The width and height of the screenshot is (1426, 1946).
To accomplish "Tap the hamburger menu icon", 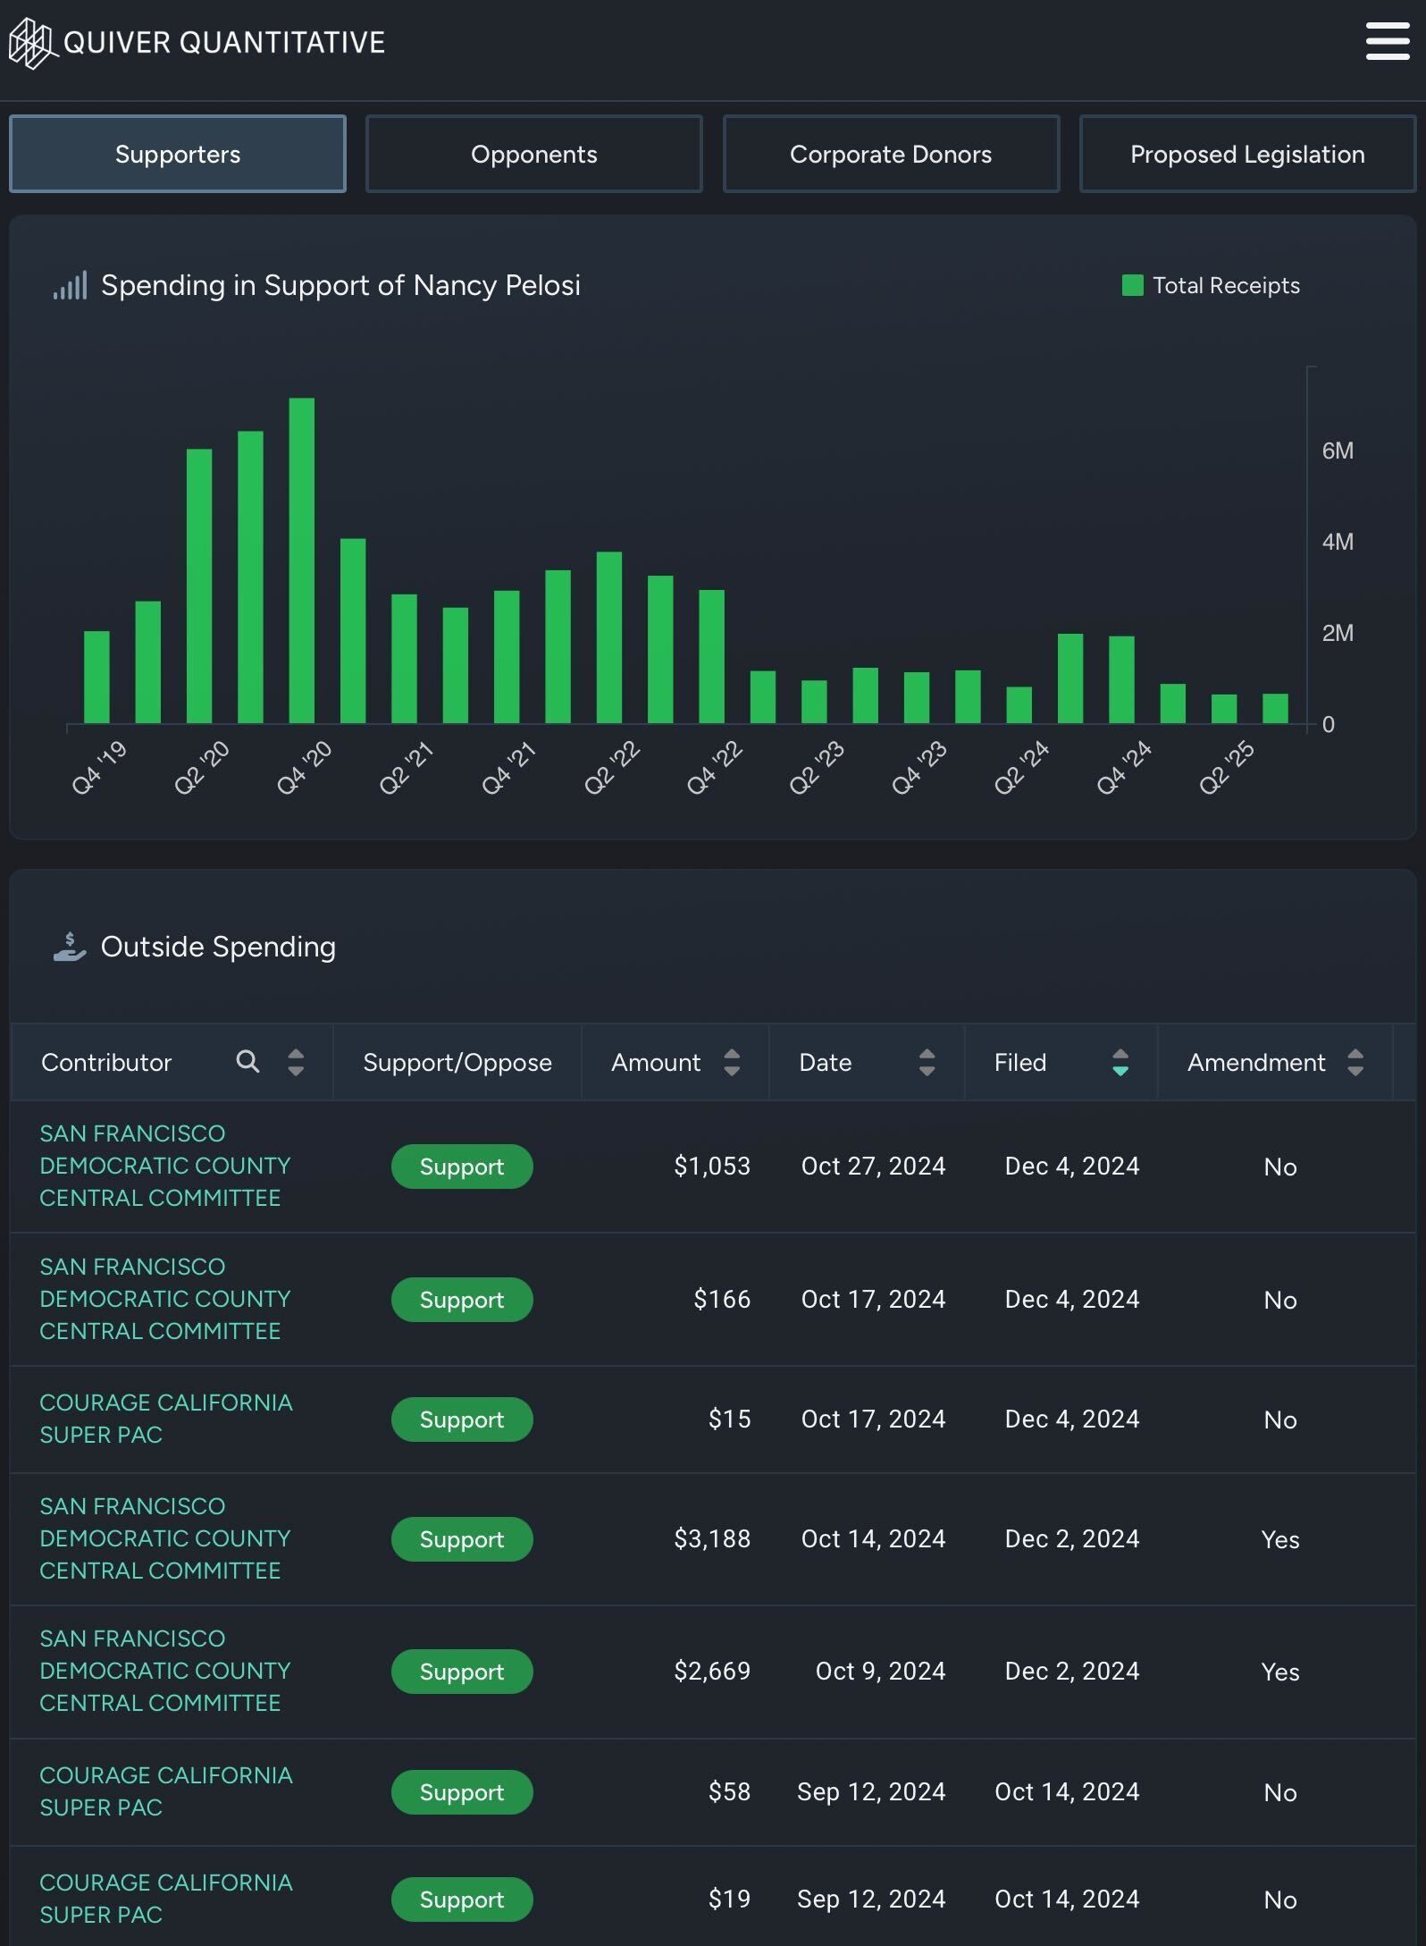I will pos(1387,42).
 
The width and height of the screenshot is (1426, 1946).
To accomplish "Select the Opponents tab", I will pos(533,154).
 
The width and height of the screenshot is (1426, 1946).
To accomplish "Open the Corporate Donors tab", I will pos(890,154).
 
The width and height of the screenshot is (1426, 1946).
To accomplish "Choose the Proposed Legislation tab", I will pos(1246,154).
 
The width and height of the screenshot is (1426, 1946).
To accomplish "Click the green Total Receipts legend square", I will pos(1132,285).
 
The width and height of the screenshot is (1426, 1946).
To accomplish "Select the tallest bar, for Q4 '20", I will pos(302,560).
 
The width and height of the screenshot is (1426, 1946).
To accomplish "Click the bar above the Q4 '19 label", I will pos(96,677).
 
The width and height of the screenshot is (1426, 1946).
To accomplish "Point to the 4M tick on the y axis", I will pos(1337,542).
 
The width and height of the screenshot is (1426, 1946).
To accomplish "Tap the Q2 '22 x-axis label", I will pos(612,767).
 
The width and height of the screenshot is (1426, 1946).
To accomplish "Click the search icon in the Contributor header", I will pos(247,1061).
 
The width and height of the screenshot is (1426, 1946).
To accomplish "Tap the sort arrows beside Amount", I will pos(732,1062).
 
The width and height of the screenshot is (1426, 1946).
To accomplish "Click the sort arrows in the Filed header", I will pos(1120,1062).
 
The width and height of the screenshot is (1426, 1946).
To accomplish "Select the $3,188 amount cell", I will pos(711,1538).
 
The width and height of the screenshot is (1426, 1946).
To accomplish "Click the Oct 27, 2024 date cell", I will pos(872,1166).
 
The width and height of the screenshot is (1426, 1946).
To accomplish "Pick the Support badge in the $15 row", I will pos(461,1419).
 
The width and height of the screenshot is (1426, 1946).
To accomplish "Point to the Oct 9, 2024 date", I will pos(879,1671).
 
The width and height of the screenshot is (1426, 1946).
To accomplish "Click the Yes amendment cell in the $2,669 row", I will pos(1279,1672).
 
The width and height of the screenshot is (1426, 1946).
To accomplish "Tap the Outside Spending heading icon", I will pos(70,947).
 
